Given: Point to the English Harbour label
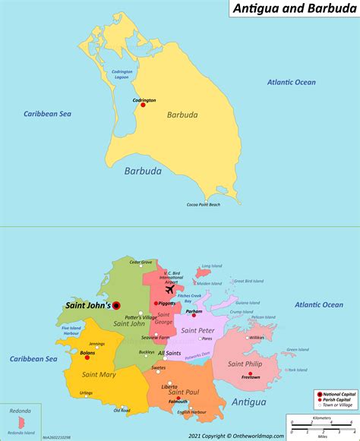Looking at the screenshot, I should [x=192, y=413].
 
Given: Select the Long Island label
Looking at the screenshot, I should [x=210, y=266].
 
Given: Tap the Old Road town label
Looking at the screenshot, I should [x=122, y=411].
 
